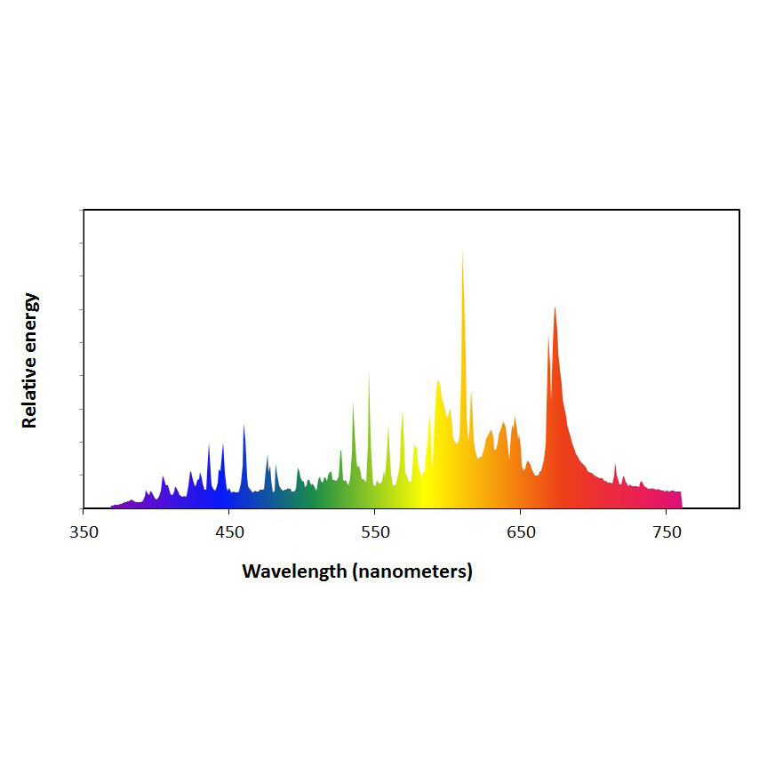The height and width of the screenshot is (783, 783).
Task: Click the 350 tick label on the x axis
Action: (84, 533)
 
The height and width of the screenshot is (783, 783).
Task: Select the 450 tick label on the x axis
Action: (229, 533)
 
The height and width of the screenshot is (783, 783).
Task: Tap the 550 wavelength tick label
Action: (375, 533)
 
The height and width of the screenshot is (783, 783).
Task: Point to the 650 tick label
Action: (521, 533)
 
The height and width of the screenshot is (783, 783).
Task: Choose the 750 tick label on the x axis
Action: (667, 533)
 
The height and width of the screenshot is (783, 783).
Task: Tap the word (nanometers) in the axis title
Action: (411, 571)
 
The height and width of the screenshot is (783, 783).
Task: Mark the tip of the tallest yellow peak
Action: (462, 252)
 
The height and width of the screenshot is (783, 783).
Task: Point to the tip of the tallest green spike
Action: (369, 373)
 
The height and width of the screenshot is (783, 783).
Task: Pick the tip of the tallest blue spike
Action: (244, 426)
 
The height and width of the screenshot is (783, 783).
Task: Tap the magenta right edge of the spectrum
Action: (680, 499)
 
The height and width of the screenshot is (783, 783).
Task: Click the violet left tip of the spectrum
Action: (113, 507)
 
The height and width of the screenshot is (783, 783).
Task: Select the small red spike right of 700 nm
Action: (615, 465)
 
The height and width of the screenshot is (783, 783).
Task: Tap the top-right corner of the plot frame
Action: (739, 210)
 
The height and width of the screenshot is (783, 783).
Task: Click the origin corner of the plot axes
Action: (84, 508)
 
